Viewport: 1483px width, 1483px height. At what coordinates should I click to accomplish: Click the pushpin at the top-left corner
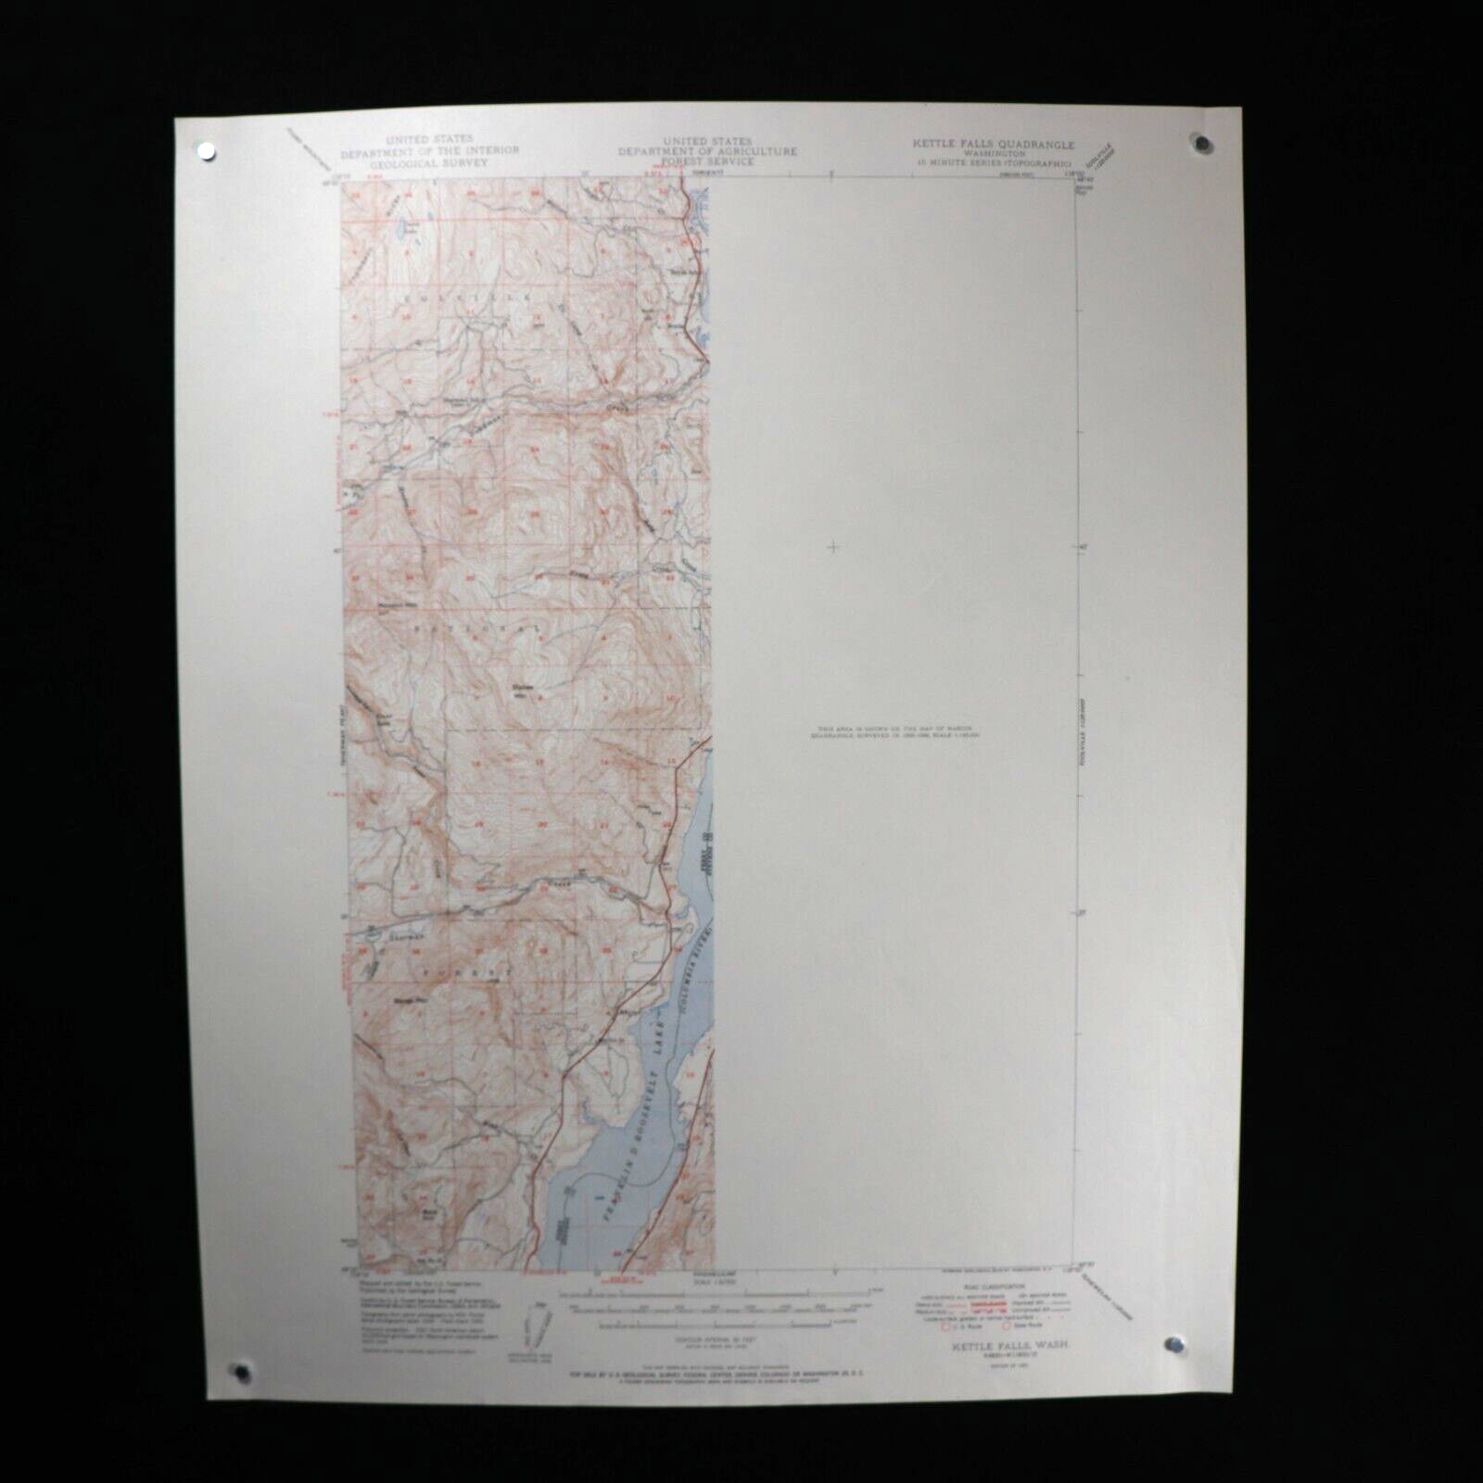point(204,150)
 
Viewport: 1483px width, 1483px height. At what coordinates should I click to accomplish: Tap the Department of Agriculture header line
point(709,151)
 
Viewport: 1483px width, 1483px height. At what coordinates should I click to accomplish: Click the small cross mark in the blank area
point(832,547)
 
